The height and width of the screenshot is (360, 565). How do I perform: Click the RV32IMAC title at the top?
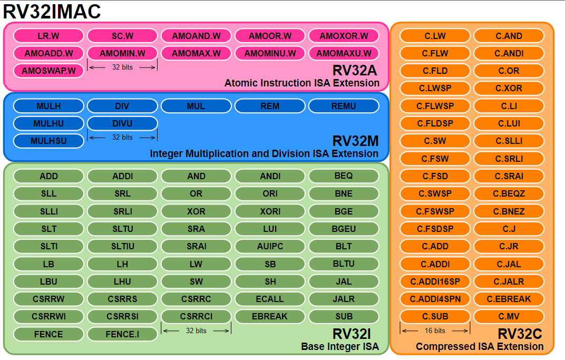click(52, 11)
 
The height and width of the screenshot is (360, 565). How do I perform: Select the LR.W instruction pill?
click(48, 36)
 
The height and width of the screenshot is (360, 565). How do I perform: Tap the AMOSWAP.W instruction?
click(48, 71)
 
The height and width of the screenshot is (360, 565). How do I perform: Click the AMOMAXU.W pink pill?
click(344, 53)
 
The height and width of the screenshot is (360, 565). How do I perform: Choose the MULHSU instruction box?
click(48, 141)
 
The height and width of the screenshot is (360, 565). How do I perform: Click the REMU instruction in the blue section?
click(344, 106)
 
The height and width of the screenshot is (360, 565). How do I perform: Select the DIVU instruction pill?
click(122, 123)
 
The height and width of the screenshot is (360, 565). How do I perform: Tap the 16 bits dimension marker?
click(435, 330)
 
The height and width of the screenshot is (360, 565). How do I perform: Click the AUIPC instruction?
click(270, 246)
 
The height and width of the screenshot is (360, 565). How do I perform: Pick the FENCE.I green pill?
click(122, 334)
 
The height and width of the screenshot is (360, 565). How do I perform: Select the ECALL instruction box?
click(270, 299)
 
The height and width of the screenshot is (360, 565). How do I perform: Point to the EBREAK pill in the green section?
click(270, 316)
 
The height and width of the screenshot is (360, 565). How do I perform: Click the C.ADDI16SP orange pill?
click(435, 281)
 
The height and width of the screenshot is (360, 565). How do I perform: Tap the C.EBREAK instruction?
click(509, 299)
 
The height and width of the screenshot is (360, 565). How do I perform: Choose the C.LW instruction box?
click(435, 36)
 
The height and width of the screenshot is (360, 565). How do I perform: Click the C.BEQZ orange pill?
click(509, 193)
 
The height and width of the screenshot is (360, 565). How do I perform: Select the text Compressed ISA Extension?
click(480, 346)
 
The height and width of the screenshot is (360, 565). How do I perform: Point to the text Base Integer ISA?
click(340, 346)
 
